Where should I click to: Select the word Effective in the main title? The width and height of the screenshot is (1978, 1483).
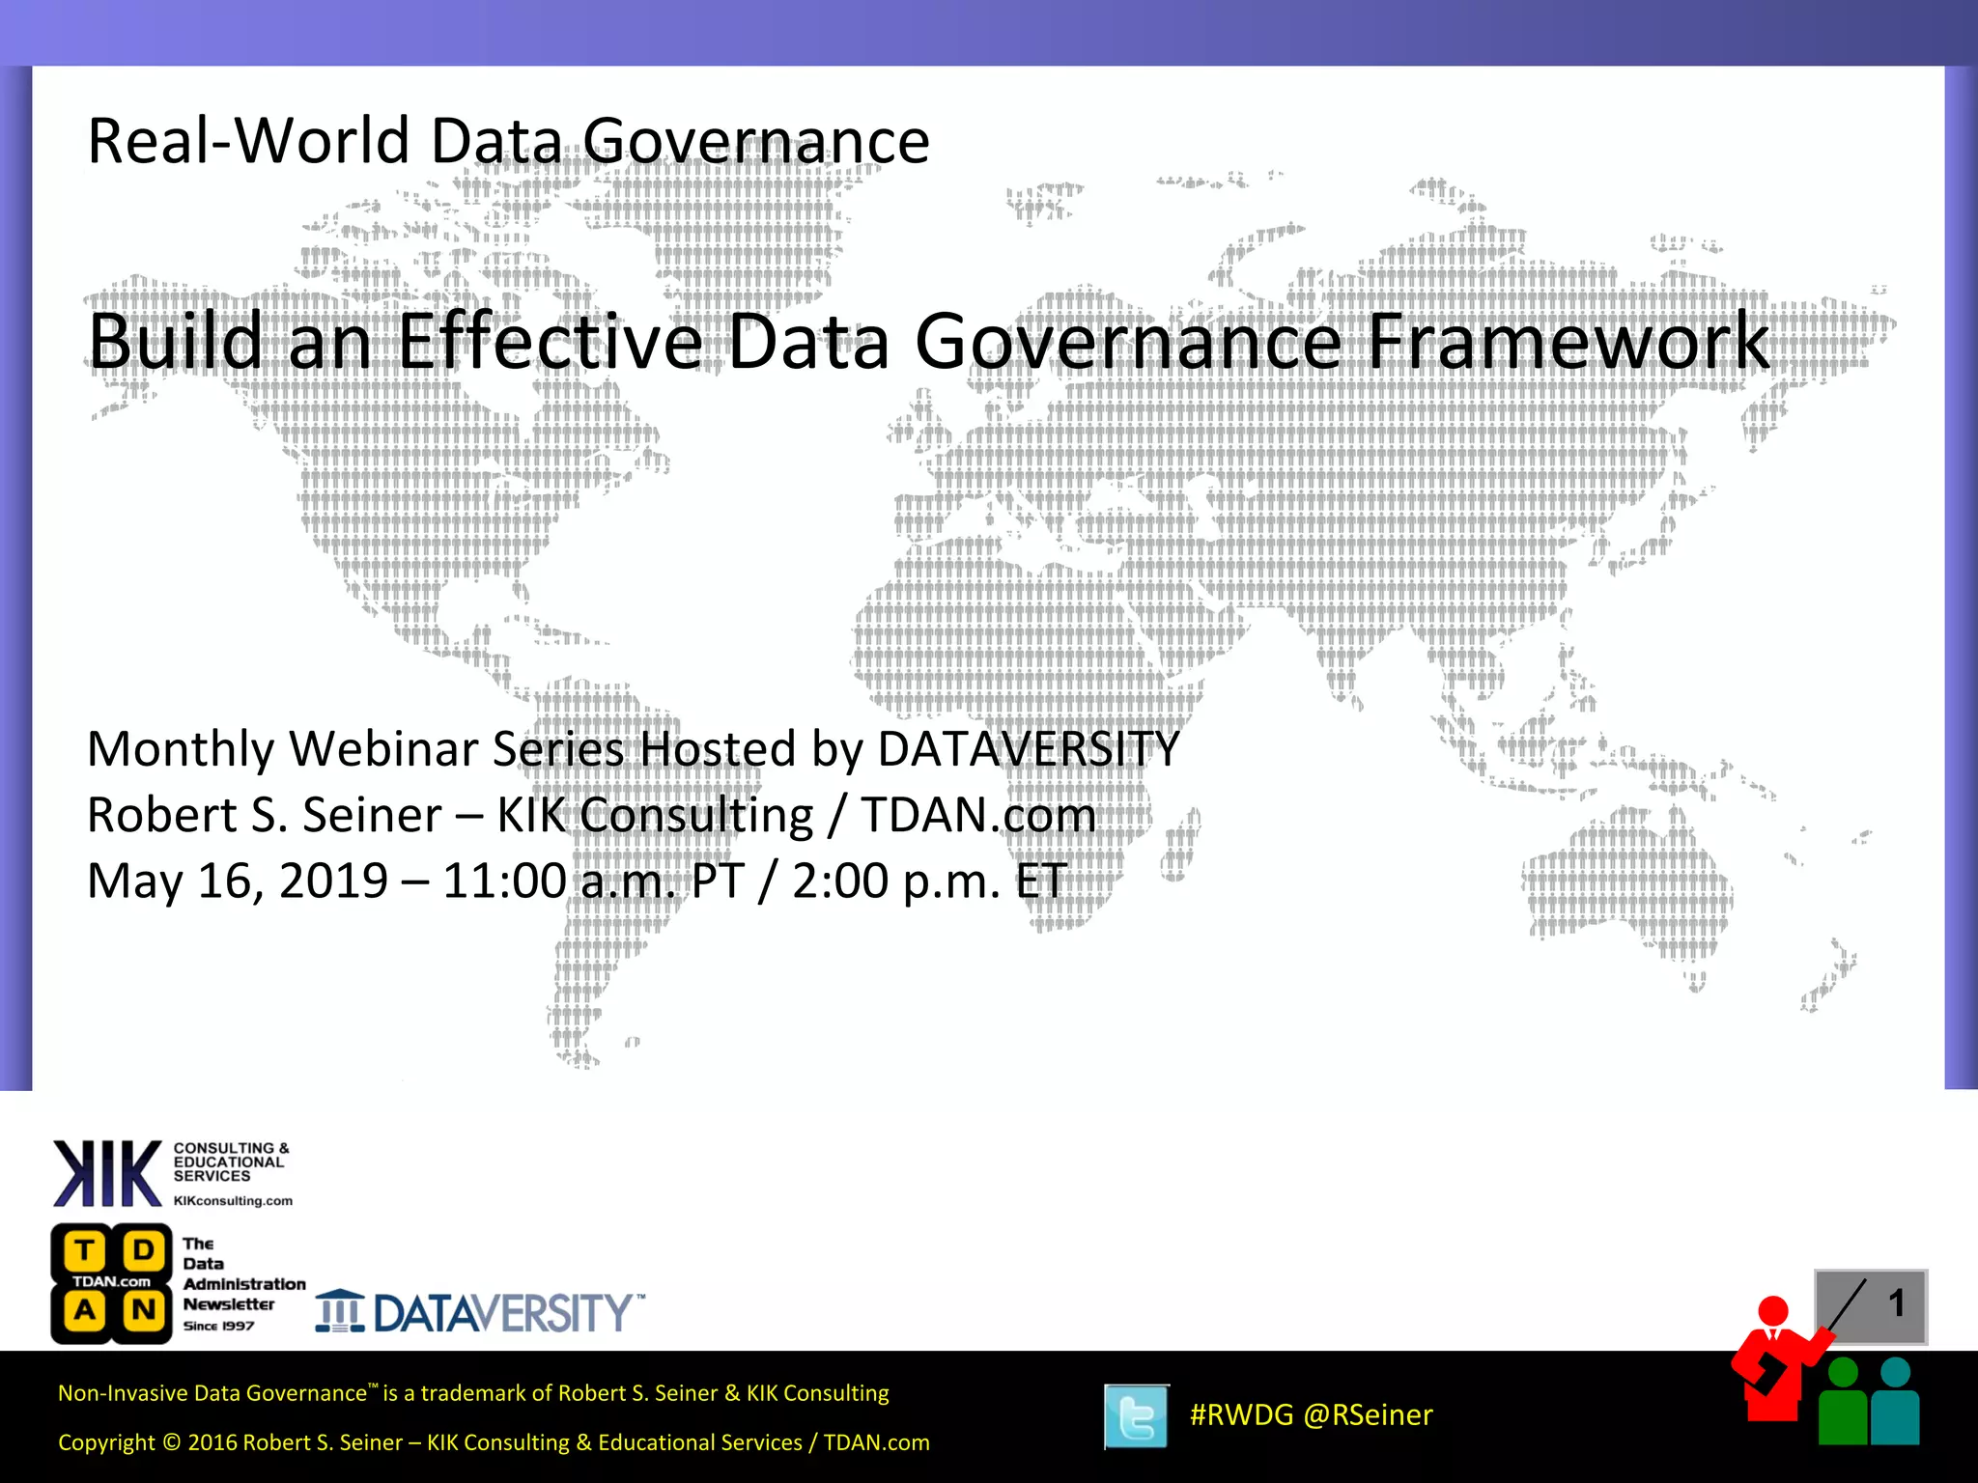(x=550, y=341)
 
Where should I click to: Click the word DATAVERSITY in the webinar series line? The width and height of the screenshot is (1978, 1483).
(x=1028, y=749)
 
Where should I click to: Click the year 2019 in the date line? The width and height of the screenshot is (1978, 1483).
(x=333, y=881)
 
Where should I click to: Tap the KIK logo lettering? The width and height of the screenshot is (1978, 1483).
(x=107, y=1173)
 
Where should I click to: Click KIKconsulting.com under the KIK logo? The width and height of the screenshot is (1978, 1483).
(x=233, y=1201)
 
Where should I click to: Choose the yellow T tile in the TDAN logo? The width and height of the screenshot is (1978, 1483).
(x=85, y=1250)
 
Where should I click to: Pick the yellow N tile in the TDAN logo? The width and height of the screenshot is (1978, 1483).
(x=143, y=1310)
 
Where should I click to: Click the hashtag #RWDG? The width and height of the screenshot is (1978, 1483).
(x=1241, y=1414)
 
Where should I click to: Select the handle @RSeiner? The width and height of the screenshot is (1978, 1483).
(x=1368, y=1414)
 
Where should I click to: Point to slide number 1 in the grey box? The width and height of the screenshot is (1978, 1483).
(x=1896, y=1302)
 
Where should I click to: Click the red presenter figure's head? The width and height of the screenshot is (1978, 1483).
(x=1772, y=1311)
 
